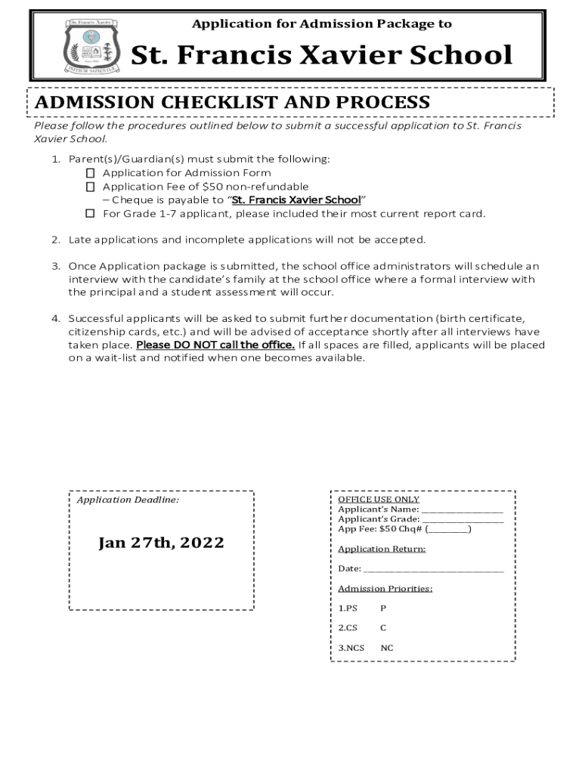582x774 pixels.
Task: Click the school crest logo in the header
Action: coord(91,45)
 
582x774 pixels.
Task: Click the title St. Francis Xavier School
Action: coord(322,55)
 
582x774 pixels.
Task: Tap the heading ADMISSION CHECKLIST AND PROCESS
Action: coord(231,102)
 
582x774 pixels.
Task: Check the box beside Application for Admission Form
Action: coord(90,173)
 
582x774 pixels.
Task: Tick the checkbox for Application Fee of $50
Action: coord(90,187)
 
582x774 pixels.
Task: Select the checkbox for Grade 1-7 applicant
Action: coord(90,214)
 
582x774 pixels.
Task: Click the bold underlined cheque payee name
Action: coord(296,200)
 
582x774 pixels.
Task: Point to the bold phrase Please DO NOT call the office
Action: coord(215,345)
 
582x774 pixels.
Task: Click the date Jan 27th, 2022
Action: coord(161,543)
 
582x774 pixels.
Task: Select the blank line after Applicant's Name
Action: coord(462,511)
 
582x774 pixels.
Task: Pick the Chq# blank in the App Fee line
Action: coord(452,530)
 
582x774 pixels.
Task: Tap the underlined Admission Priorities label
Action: coord(385,589)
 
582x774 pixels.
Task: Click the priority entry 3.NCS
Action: coord(351,648)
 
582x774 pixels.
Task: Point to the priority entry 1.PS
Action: coord(347,608)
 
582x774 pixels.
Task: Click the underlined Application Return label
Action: coord(382,550)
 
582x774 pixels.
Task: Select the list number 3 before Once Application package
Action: coord(55,266)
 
